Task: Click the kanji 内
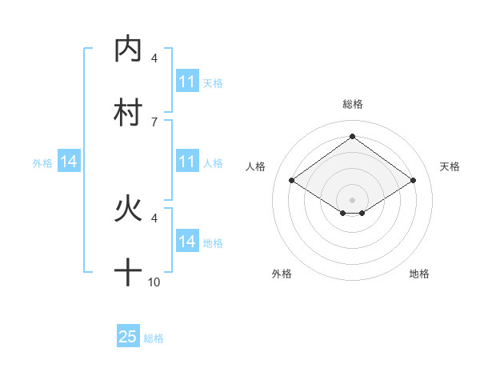click(x=128, y=50)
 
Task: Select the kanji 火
click(x=128, y=210)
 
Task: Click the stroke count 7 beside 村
click(x=154, y=122)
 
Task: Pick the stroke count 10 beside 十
click(x=154, y=282)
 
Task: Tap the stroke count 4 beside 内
click(x=154, y=58)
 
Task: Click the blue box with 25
click(x=128, y=337)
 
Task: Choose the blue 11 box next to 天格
click(x=187, y=82)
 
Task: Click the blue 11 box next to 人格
click(x=187, y=162)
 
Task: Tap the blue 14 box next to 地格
click(x=187, y=242)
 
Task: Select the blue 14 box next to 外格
click(x=69, y=162)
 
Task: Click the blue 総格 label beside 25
click(x=154, y=338)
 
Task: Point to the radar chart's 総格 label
click(x=352, y=104)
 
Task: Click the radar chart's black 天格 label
click(x=450, y=166)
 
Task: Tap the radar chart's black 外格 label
click(x=282, y=274)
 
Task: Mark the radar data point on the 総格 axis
click(x=352, y=136)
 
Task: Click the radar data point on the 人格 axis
click(x=292, y=181)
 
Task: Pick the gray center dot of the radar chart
click(x=352, y=199)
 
